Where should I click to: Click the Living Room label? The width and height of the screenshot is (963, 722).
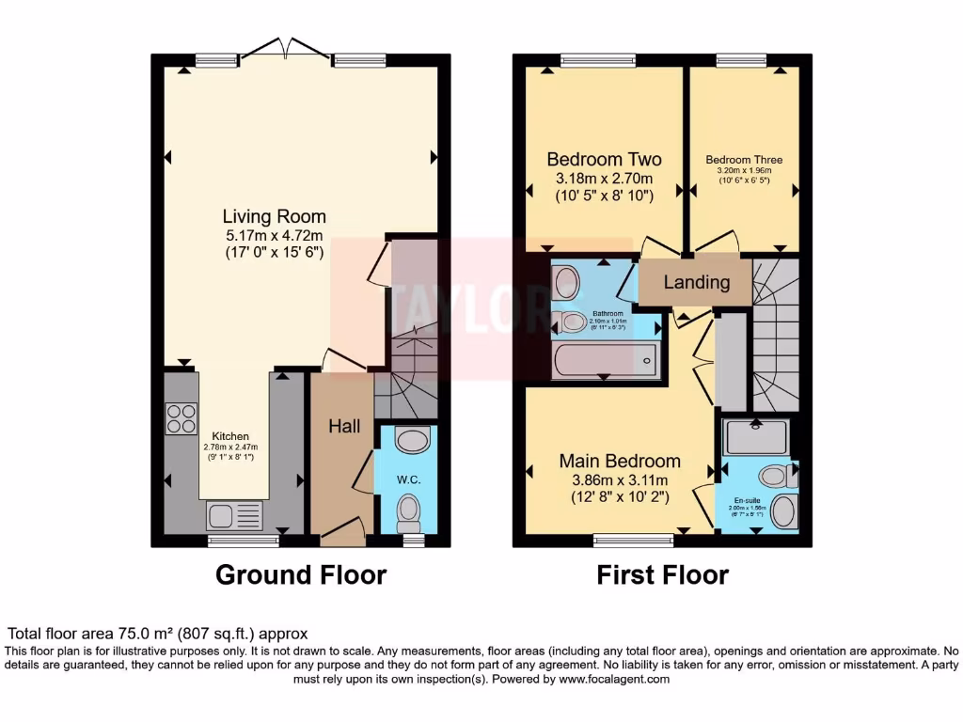(274, 216)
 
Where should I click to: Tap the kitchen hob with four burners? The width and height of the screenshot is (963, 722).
(181, 418)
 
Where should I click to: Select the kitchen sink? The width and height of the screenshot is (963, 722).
(233, 516)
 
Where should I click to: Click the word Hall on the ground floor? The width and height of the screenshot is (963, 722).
(344, 426)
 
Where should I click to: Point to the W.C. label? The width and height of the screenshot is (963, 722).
(407, 479)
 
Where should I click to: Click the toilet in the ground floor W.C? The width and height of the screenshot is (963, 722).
(408, 511)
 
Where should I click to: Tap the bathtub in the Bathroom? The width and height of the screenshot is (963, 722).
(605, 359)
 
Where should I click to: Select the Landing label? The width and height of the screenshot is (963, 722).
(696, 282)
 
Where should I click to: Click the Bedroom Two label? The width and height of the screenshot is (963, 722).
(604, 160)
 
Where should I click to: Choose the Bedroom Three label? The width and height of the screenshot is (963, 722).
(744, 160)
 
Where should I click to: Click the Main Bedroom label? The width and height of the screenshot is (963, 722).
(620, 461)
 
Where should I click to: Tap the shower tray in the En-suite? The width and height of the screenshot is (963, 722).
(754, 436)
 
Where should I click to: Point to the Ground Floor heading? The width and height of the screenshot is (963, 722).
(301, 574)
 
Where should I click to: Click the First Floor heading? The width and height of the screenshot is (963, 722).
(662, 574)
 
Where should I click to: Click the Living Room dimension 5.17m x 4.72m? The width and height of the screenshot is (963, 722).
(274, 235)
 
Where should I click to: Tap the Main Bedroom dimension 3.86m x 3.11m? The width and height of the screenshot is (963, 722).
(620, 479)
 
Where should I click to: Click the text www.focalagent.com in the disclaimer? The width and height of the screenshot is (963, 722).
(614, 679)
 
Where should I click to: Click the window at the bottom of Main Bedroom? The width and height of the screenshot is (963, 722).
(633, 540)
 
